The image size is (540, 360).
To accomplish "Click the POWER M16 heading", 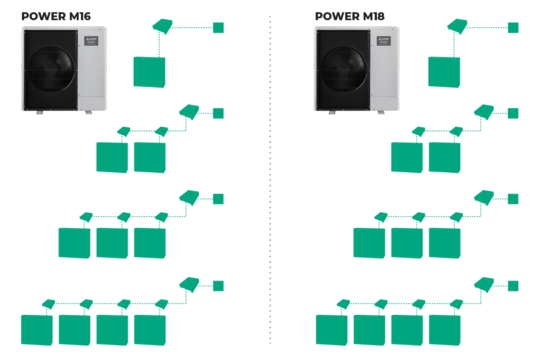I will [56, 16].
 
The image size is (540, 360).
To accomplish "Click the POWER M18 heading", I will [350, 16].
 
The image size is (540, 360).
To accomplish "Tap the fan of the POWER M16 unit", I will [51, 68].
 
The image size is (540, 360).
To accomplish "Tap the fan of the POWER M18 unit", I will [344, 68].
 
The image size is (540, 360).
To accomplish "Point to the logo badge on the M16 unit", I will [91, 41].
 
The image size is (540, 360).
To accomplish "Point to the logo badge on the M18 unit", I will [384, 41].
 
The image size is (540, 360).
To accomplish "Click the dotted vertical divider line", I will [270, 180].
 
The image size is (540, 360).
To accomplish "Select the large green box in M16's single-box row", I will [149, 72].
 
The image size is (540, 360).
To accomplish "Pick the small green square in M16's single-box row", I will [218, 28].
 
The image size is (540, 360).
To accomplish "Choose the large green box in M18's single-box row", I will [444, 72].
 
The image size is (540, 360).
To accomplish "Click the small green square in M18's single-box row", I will [513, 28].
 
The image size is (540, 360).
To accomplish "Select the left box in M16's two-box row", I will [112, 157].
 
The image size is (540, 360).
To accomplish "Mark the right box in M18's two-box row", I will [445, 157].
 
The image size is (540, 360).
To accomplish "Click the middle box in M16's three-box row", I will [112, 243].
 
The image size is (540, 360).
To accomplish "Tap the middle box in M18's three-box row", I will [407, 243].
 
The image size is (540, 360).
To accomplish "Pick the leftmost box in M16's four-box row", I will [37, 330].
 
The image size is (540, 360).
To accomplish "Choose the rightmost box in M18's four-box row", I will [445, 330].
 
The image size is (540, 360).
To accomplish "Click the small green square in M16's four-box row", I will [218, 286].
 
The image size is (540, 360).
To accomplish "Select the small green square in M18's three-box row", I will [513, 199].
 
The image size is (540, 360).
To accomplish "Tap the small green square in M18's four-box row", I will [513, 286].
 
